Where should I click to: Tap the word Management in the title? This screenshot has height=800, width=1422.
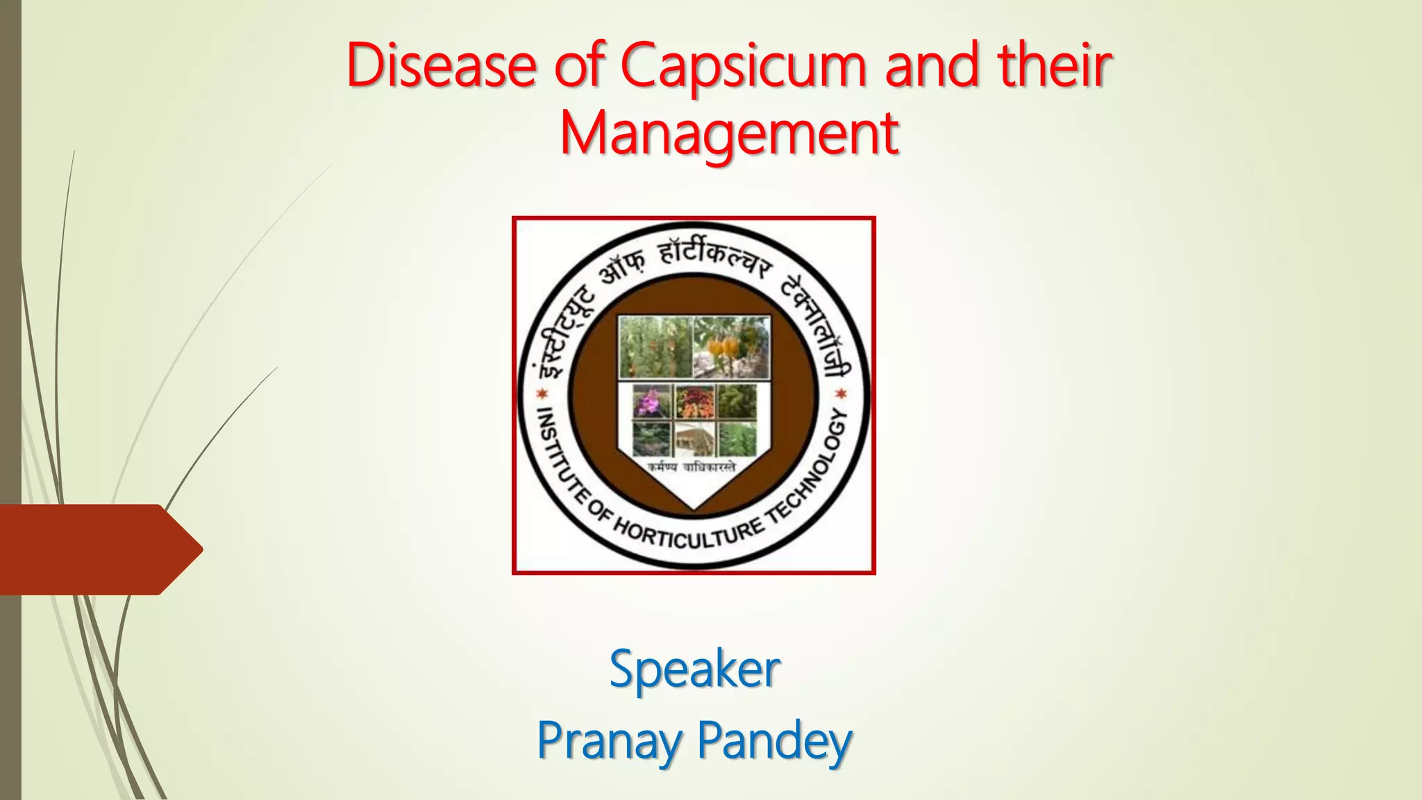click(729, 133)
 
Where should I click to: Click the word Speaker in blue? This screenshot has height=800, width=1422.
click(694, 669)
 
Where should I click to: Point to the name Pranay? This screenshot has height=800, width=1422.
click(609, 741)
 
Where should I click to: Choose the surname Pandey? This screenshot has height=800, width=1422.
click(774, 741)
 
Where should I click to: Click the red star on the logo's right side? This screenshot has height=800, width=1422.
click(841, 394)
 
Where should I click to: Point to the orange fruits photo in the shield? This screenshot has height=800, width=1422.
click(731, 347)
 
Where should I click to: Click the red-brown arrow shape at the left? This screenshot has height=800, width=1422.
click(97, 549)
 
